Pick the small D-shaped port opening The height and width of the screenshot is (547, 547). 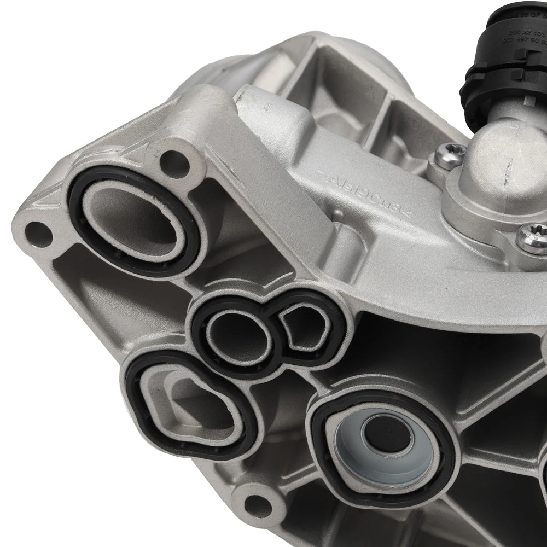[302, 329]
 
